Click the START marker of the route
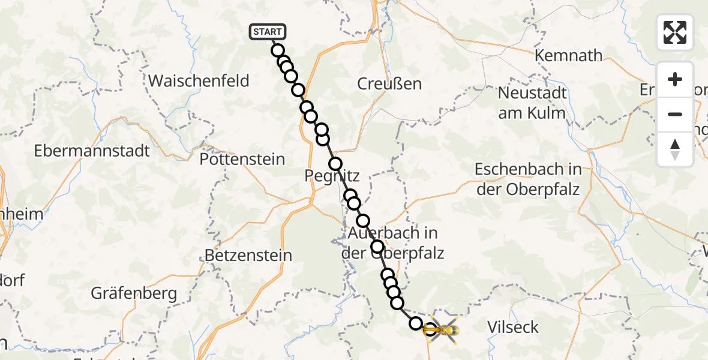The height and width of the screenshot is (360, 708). coord(267,32)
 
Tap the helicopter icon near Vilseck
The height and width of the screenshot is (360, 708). coord(443,329)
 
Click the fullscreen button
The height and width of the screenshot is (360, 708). coord(675,32)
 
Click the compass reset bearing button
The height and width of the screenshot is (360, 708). coord(675,149)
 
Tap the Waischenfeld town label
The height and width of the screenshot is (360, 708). coord(199,80)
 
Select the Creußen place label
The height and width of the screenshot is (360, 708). coord(389,84)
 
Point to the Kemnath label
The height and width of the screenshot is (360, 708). coord(569,56)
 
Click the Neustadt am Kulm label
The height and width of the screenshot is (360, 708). coord(532,103)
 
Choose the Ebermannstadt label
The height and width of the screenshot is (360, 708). coord(92,150)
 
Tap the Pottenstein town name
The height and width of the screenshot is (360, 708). coord(242,160)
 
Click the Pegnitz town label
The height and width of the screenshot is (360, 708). coord(332,176)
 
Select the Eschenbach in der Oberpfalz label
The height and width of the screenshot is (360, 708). coord(527,179)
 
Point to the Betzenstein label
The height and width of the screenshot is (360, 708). coord(248,256)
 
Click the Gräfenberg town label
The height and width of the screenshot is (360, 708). coord(134,293)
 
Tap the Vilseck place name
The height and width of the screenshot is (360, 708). coord(513,328)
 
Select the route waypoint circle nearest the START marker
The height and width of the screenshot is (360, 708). coord(277,50)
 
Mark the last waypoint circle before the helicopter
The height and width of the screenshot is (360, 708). coord(416,323)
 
